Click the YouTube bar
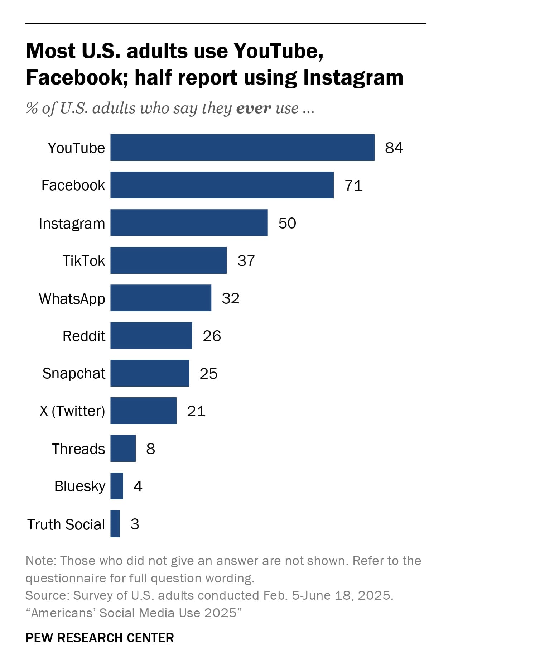(x=242, y=148)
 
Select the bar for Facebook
(x=222, y=185)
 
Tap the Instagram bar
(x=189, y=223)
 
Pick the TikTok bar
(x=168, y=260)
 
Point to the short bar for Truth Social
(x=115, y=524)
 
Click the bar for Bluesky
(x=117, y=486)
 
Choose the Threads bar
(x=123, y=449)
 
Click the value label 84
(x=394, y=148)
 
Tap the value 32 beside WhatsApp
(x=230, y=298)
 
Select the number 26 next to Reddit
(x=212, y=336)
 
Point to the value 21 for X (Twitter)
(x=196, y=411)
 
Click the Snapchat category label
(x=74, y=373)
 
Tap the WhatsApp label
(x=72, y=298)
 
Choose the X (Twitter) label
(x=72, y=411)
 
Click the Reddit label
(x=84, y=336)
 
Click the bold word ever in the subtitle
(x=254, y=108)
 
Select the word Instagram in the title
(x=353, y=78)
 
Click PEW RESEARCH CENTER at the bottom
(x=100, y=638)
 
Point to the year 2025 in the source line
(x=374, y=595)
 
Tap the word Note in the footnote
(x=40, y=561)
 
